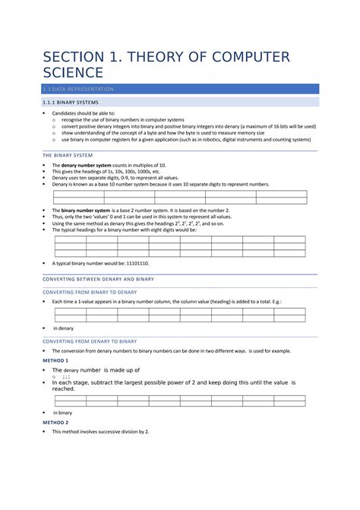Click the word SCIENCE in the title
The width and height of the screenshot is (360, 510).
(x=72, y=73)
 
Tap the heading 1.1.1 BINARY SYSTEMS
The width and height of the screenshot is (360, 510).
(x=70, y=103)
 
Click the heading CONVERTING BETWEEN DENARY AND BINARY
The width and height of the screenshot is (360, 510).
(x=98, y=279)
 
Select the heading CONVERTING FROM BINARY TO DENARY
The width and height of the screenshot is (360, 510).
(x=90, y=292)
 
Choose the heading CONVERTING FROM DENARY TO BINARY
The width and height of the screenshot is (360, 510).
(x=90, y=341)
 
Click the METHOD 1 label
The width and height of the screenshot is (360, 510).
(x=55, y=360)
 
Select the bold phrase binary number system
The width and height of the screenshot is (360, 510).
(x=86, y=210)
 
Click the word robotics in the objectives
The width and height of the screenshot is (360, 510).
(x=227, y=140)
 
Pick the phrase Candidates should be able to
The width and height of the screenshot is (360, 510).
(x=84, y=112)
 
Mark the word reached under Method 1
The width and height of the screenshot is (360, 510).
(x=63, y=388)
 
